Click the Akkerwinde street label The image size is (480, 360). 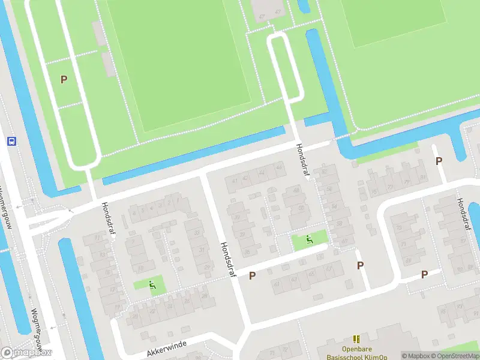pyautogui.click(x=167, y=346)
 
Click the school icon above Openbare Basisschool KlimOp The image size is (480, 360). pyautogui.click(x=357, y=339)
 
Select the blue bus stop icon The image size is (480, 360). pyautogui.click(x=11, y=141)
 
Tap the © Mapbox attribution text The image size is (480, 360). pyautogui.click(x=415, y=356)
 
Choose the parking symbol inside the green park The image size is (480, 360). pyautogui.click(x=64, y=79)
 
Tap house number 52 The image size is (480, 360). pyautogui.click(x=325, y=172)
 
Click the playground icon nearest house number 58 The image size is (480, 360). pyautogui.click(x=309, y=240)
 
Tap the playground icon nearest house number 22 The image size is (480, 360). pyautogui.click(x=152, y=285)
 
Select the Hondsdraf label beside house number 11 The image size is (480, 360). pyautogui.click(x=109, y=217)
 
